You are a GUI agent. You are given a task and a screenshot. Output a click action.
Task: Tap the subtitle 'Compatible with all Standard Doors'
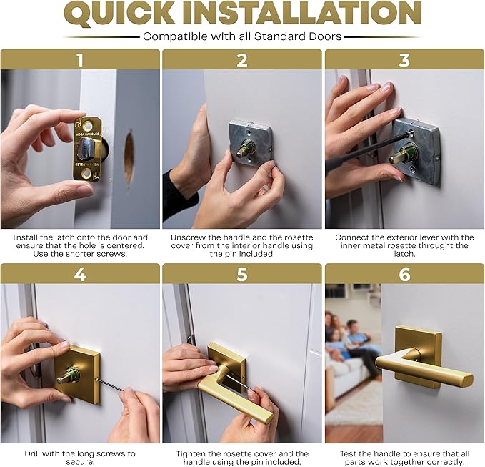coord(242,36)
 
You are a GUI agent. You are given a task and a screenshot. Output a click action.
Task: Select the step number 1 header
coord(80,59)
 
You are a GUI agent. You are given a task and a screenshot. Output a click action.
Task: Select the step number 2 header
coord(242,59)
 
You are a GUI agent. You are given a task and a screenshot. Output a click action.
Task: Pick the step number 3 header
coord(404,59)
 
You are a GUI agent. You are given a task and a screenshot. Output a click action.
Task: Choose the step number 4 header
coord(80,274)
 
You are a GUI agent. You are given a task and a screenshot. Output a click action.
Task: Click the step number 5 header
coord(242,274)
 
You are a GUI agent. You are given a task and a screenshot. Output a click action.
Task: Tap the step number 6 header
coord(404,274)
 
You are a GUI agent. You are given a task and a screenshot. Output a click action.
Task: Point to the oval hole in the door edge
coord(129,156)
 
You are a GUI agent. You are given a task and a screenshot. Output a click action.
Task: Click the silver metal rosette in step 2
coord(250,142)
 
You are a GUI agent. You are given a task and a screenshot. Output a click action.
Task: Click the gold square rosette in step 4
coord(77,373)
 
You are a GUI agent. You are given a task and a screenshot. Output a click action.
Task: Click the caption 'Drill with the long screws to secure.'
coord(80,457)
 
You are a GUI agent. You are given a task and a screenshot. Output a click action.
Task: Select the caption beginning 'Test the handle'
coord(404,457)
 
